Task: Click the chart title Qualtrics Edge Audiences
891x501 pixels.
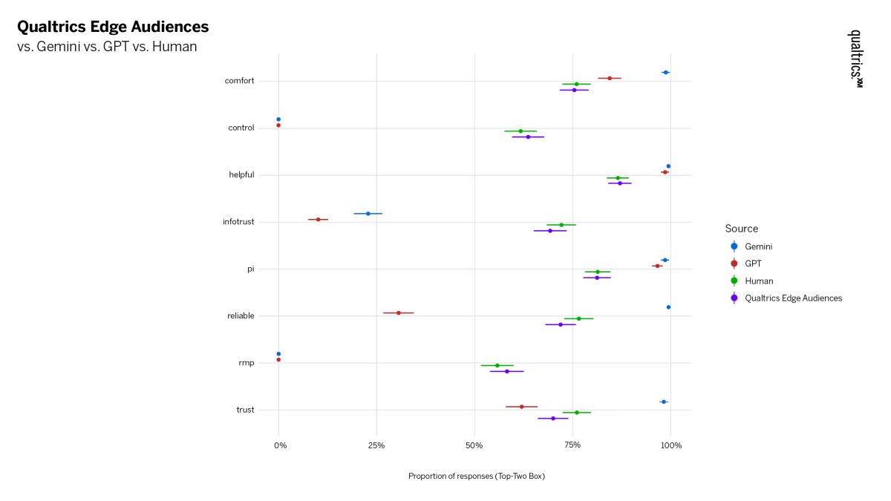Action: click(x=113, y=27)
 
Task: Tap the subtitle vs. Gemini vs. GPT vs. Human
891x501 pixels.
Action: click(x=107, y=48)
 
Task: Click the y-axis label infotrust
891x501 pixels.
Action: click(x=238, y=222)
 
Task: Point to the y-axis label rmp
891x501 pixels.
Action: click(x=246, y=363)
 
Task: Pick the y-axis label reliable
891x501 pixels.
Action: click(x=241, y=316)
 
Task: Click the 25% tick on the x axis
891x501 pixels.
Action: click(x=376, y=445)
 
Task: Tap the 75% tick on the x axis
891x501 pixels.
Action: click(x=572, y=445)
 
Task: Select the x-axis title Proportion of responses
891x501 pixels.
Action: click(x=476, y=476)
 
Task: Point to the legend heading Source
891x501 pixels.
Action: click(x=742, y=229)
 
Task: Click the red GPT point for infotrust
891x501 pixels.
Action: click(x=319, y=220)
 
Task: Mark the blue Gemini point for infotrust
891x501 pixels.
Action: click(x=368, y=214)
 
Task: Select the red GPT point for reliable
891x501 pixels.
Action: click(x=399, y=313)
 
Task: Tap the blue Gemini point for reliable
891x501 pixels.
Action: click(x=668, y=307)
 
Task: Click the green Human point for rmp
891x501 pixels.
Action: click(x=497, y=365)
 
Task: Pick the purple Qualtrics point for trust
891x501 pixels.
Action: click(x=553, y=419)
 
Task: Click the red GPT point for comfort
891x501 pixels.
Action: click(x=610, y=78)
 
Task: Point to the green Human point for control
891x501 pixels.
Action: click(x=520, y=131)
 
